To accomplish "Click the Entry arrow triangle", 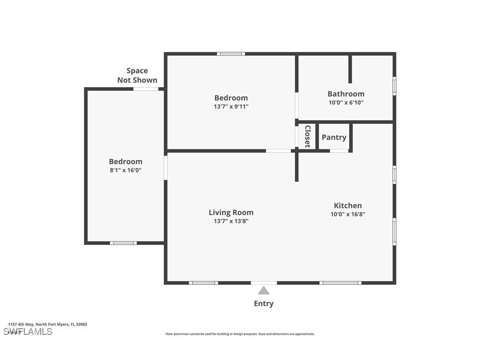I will [263, 291].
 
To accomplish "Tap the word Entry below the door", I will [263, 303].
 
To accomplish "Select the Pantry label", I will [334, 137].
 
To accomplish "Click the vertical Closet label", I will [307, 136].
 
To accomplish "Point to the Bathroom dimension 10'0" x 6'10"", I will [346, 103].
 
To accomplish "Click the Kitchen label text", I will [347, 205].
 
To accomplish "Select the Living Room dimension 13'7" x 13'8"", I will [231, 221].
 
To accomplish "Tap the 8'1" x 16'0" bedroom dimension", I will [126, 170].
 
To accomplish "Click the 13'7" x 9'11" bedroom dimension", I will [231, 107].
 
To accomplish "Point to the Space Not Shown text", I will [137, 75].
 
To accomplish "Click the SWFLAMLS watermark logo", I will [27, 331].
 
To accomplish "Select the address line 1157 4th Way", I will [47, 324].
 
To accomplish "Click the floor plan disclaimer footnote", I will [240, 334].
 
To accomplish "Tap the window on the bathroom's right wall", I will [394, 86].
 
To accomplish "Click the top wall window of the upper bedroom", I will [231, 54].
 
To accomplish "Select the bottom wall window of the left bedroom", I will [123, 243].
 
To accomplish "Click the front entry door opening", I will [264, 283].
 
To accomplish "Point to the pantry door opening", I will [339, 151].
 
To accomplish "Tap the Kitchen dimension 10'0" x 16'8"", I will [347, 214].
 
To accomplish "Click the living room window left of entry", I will [203, 283].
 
